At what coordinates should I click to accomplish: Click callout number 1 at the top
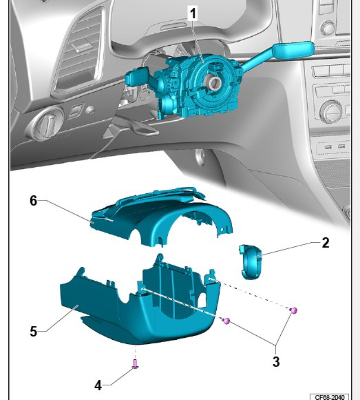click(x=192, y=13)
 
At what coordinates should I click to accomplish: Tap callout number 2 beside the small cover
click(x=325, y=243)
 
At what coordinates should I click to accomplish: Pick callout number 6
click(x=34, y=200)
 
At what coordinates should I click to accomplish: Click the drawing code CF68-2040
click(x=330, y=397)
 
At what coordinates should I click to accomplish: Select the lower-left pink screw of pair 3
click(x=226, y=321)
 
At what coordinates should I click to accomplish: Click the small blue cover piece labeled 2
click(x=250, y=262)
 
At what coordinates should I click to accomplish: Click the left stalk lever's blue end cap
click(x=136, y=76)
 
